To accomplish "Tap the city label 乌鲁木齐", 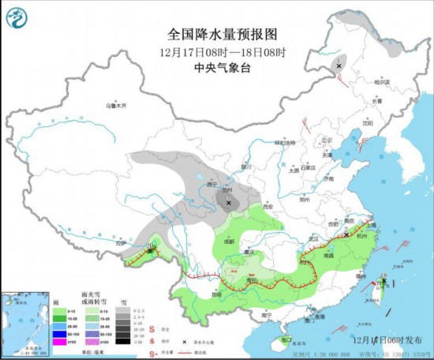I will pos(116,105).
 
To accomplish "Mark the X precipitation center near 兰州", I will pos(230,203).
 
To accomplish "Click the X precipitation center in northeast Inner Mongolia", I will pos(339,66).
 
